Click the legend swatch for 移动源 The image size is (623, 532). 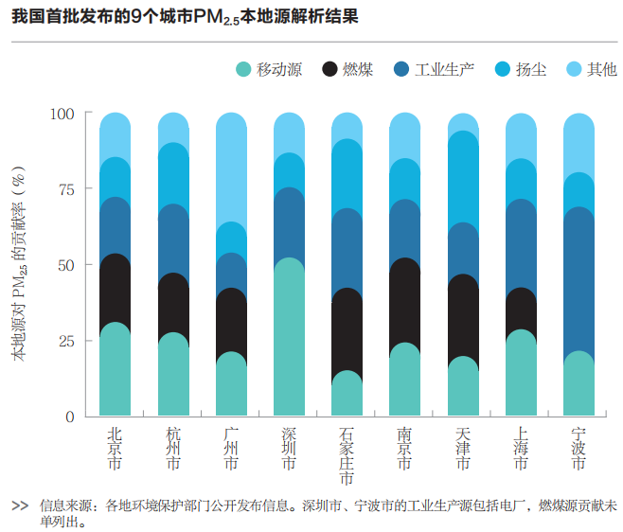click(x=244, y=69)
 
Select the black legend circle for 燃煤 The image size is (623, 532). click(x=330, y=69)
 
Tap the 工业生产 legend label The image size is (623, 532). click(x=444, y=69)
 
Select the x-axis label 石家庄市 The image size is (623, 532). click(x=347, y=457)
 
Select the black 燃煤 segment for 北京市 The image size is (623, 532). click(x=116, y=290)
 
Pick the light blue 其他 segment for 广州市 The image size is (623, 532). click(x=231, y=170)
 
